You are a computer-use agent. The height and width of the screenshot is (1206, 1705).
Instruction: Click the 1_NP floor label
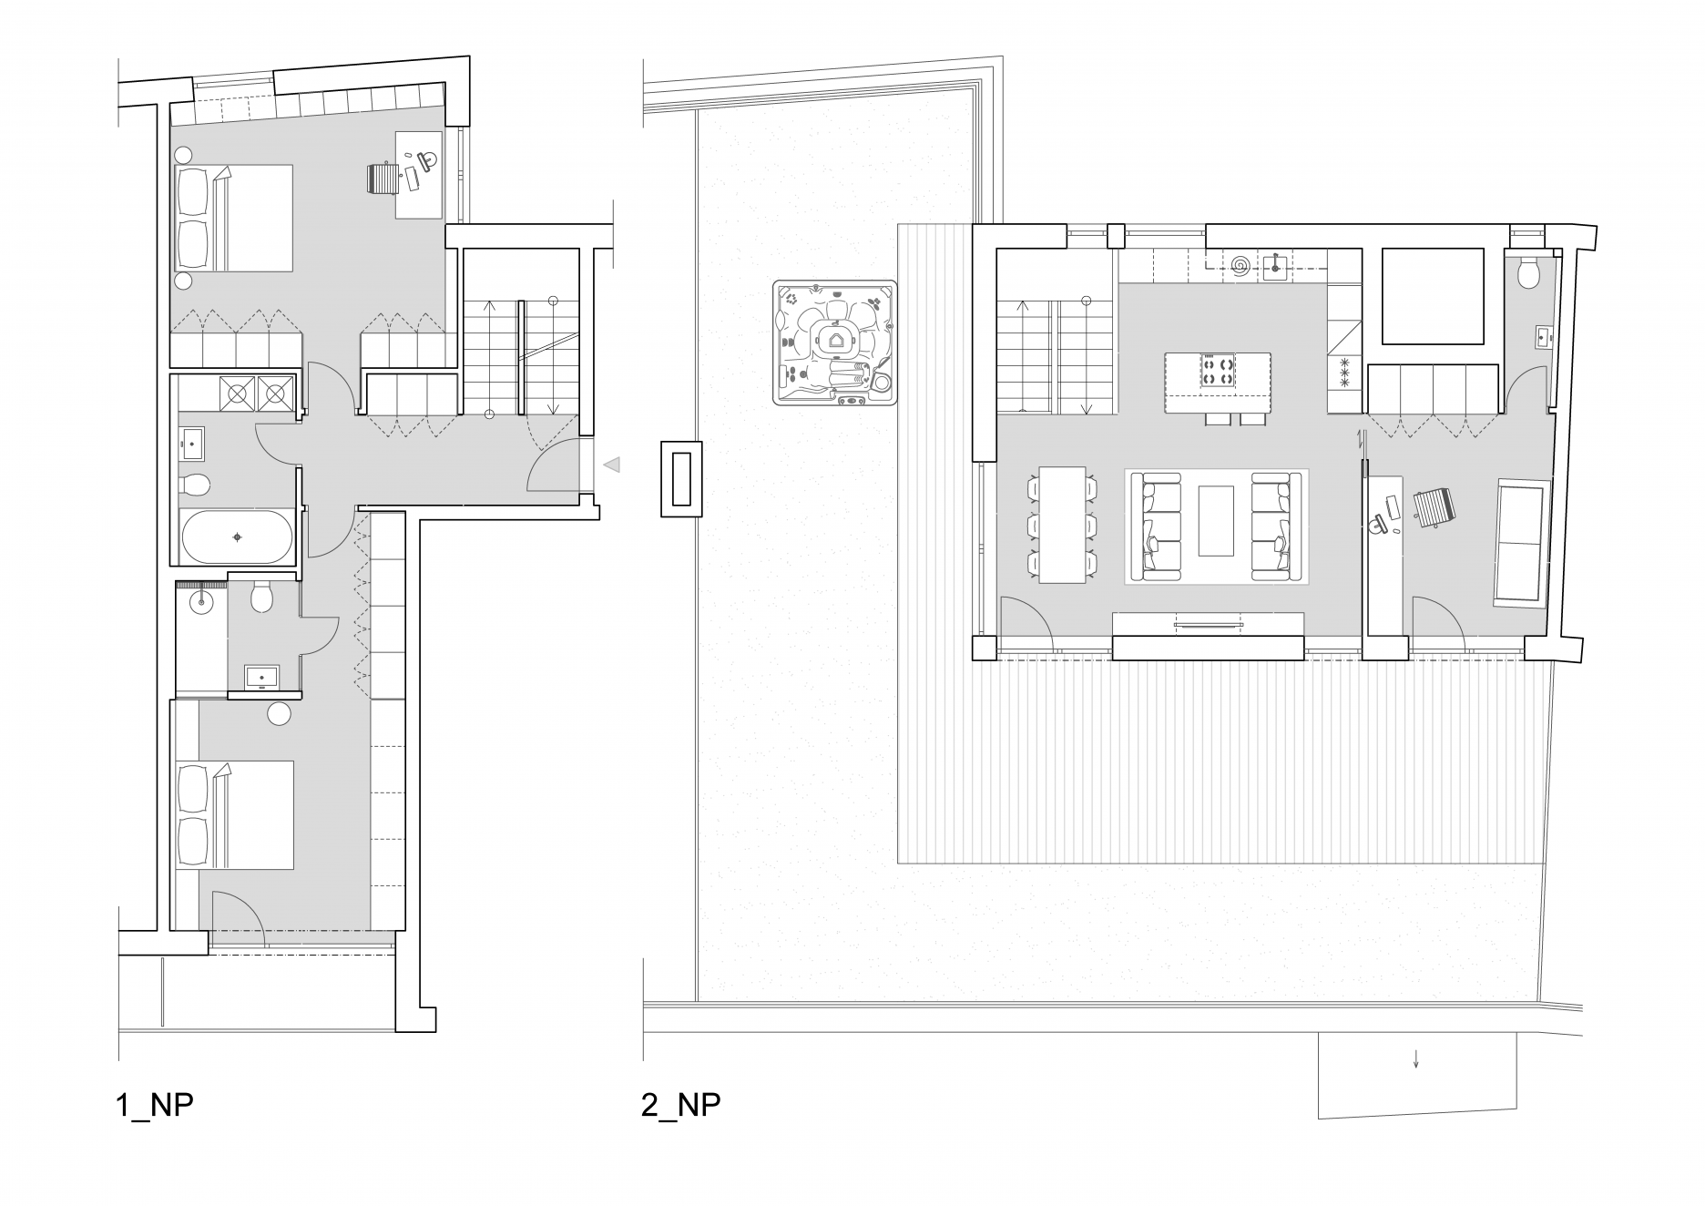click(155, 1105)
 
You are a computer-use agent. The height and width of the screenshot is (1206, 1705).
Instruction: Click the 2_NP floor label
click(680, 1105)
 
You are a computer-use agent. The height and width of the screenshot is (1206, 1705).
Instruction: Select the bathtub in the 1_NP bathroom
click(238, 537)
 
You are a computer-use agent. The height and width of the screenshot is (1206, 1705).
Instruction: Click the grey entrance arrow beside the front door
click(612, 465)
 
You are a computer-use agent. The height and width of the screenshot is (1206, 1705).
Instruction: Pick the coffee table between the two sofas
click(1216, 520)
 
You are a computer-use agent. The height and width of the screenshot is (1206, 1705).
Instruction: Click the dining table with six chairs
click(1062, 525)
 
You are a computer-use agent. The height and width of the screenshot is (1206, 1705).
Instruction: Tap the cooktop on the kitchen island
click(1216, 370)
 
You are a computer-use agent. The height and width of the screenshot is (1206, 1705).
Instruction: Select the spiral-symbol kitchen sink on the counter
click(1240, 266)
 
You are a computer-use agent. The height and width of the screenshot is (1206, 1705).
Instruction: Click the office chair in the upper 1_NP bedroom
click(385, 177)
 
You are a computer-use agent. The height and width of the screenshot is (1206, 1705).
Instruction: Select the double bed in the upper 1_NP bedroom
click(234, 218)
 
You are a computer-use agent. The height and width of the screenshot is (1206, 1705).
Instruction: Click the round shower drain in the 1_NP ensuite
click(201, 601)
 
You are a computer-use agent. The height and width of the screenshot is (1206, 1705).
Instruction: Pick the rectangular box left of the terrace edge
click(681, 479)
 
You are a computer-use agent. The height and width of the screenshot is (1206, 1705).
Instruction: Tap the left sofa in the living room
click(1154, 527)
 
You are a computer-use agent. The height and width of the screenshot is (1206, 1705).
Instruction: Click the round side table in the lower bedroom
click(279, 714)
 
